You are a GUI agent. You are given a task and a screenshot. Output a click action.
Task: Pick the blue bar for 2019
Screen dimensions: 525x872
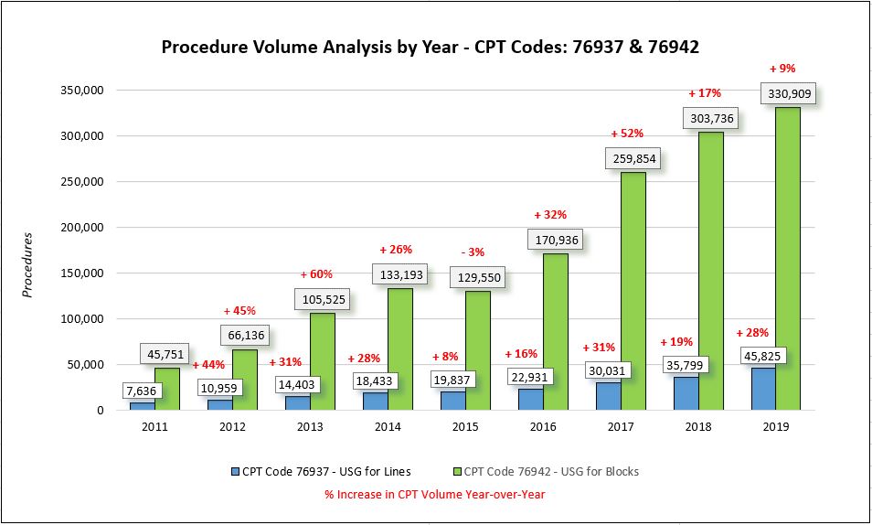point(763,388)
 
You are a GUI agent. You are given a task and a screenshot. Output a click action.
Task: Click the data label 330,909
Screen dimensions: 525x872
point(787,93)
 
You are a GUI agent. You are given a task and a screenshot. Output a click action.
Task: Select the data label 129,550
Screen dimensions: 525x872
point(474,277)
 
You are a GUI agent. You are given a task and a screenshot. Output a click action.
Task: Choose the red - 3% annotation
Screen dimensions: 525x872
point(474,252)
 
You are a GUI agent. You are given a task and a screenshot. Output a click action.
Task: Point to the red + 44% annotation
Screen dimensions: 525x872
point(208,364)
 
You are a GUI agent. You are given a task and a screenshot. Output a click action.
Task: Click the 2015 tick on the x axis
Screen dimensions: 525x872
point(465,426)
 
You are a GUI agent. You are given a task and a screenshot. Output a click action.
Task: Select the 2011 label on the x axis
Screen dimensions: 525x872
point(154,426)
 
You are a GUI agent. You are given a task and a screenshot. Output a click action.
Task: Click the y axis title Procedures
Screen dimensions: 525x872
point(27,265)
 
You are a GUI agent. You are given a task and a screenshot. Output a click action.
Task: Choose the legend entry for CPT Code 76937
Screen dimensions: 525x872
point(321,472)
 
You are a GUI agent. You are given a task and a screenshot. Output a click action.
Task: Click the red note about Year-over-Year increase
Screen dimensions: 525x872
point(434,494)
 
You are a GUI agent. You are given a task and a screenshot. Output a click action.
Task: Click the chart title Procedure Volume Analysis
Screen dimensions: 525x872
point(430,48)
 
